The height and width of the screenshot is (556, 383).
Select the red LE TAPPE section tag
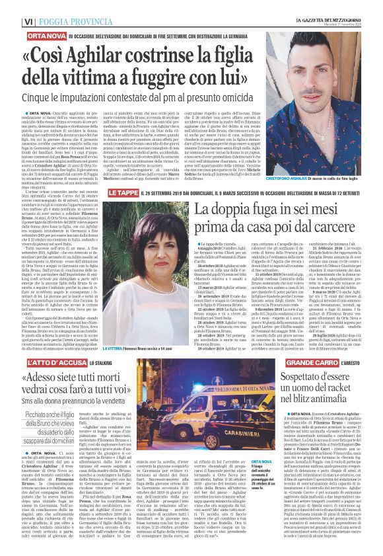pos(123,192)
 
